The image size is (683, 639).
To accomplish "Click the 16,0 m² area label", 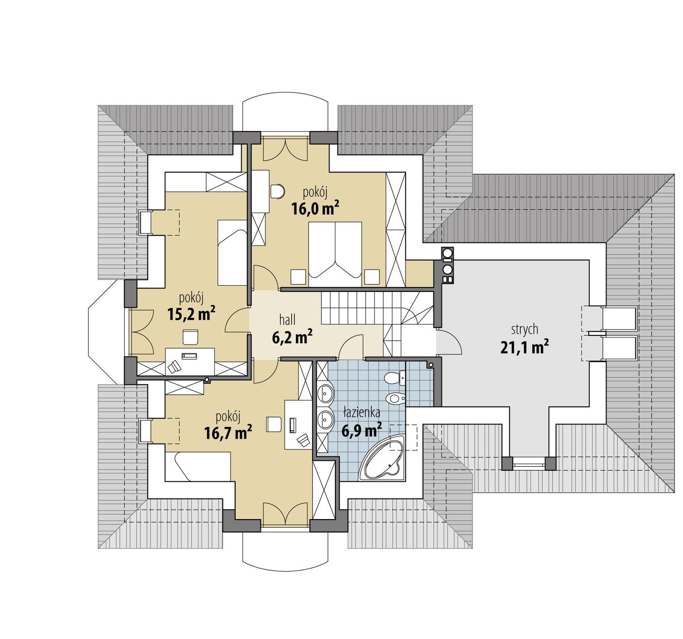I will tap(315, 208).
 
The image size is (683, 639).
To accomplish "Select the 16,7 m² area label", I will tap(228, 432).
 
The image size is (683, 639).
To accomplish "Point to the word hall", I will tap(287, 319).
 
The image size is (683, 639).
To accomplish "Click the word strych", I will tap(525, 330).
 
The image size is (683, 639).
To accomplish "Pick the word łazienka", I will tap(362, 413).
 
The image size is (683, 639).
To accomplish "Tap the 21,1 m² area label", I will tap(524, 347).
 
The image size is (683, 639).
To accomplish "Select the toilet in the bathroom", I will tap(394, 378).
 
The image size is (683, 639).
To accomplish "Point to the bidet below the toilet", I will tap(395, 399).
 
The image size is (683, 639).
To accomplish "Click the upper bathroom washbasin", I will tap(327, 392).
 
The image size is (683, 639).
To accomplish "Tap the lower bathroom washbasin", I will tap(327, 420).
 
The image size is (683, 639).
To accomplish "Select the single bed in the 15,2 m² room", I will tap(232, 253).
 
